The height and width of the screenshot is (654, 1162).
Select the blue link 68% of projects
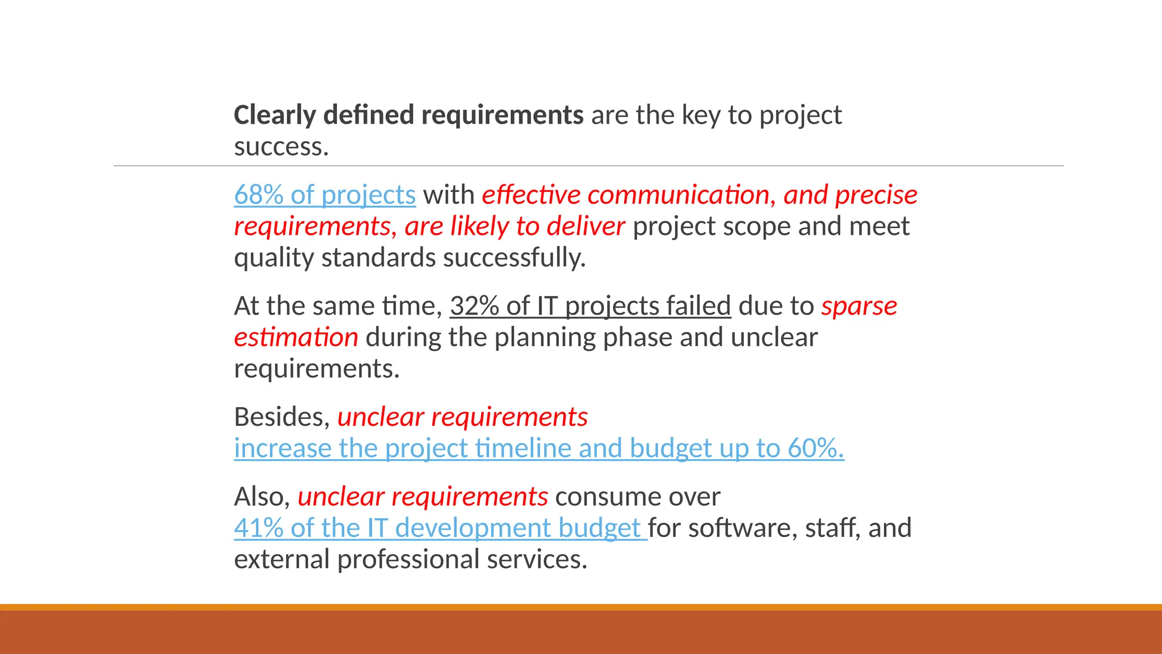tap(325, 195)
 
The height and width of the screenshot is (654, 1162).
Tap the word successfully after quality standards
tap(514, 258)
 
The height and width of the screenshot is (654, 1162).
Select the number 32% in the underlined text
tap(474, 307)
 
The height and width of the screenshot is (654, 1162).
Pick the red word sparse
tap(859, 307)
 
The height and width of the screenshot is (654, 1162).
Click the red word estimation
tap(296, 338)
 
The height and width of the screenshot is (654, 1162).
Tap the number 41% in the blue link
tap(258, 529)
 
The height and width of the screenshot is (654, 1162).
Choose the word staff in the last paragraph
tap(832, 529)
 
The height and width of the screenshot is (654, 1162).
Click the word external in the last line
tap(281, 560)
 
